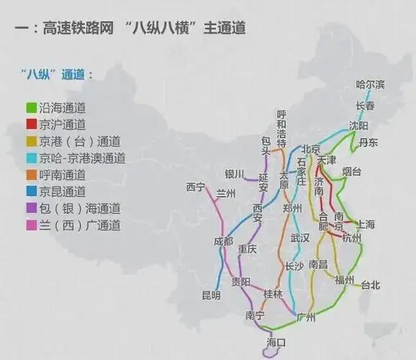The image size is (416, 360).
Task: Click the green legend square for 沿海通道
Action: click(x=32, y=108)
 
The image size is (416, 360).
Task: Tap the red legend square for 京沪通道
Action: click(x=32, y=125)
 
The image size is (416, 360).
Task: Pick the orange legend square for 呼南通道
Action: click(x=32, y=175)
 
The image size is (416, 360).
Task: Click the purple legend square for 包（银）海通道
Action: click(x=32, y=209)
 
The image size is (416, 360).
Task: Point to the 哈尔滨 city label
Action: click(x=370, y=85)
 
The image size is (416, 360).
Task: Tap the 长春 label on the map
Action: click(x=365, y=106)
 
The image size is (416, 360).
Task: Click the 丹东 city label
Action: click(x=368, y=143)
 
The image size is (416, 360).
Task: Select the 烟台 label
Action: click(x=352, y=171)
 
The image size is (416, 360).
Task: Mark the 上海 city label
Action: click(x=365, y=224)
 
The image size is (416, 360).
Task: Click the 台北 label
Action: click(x=370, y=285)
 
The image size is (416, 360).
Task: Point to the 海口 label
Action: click(x=276, y=342)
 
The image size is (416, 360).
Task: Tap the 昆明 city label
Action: click(x=211, y=295)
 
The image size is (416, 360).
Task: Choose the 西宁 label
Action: click(x=196, y=187)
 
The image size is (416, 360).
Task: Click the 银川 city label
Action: click(x=235, y=174)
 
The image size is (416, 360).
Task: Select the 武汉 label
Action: click(x=299, y=238)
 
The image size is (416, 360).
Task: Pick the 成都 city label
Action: click(x=223, y=241)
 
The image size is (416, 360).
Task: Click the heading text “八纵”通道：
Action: click(x=57, y=74)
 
